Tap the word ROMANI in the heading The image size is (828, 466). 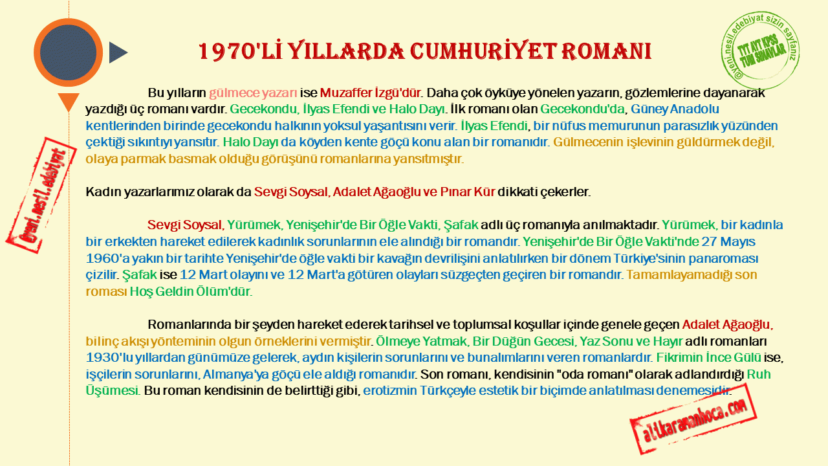coord(606,51)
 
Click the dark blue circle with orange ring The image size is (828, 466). coord(68,52)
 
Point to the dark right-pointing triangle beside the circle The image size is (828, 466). coord(118,52)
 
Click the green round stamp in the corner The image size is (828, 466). coord(760,50)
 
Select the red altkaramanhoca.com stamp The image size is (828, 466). coord(693,419)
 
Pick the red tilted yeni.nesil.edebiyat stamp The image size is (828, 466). coord(41,195)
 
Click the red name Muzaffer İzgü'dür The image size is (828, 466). coord(370,93)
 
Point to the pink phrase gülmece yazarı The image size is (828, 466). coord(253,93)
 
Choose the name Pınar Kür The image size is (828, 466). coord(467,192)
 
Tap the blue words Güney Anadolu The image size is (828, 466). coord(675,109)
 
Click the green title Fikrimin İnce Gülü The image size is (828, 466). coord(708,357)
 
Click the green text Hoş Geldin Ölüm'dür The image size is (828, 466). coord(191,291)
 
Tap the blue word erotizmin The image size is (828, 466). coord(389,390)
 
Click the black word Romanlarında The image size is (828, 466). coord(190,324)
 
